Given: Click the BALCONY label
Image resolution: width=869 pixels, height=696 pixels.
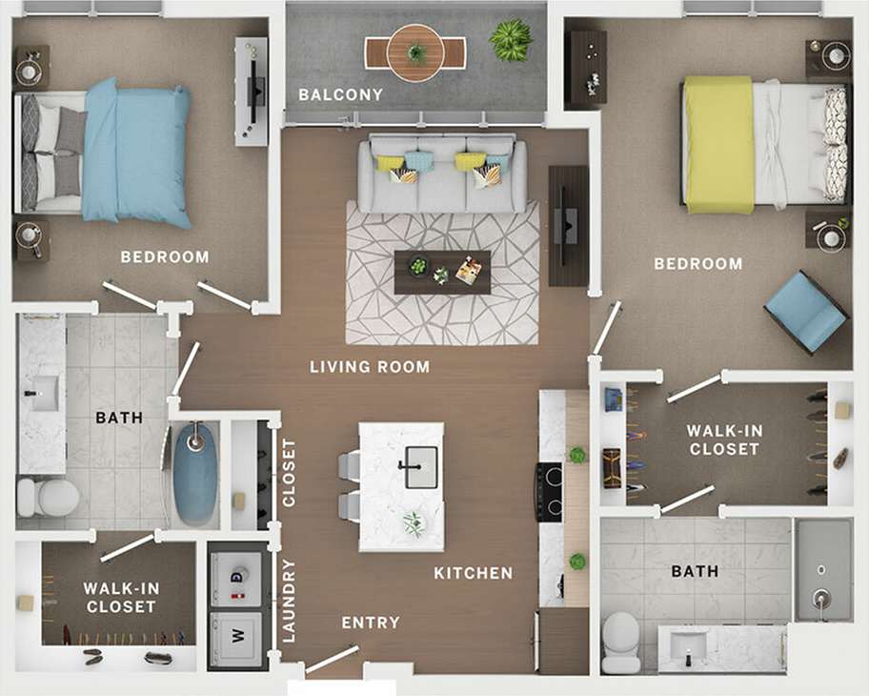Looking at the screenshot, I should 340,94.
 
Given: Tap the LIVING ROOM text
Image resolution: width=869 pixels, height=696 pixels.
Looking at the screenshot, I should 370,366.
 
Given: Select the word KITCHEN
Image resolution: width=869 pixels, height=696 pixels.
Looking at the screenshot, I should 474,573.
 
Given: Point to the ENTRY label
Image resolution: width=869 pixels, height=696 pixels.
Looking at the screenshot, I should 371,623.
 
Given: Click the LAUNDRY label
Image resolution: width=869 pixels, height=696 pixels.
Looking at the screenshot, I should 289,600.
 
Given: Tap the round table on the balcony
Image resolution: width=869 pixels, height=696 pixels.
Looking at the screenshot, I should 415,52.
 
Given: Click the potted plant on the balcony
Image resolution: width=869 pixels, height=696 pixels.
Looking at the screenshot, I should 511,39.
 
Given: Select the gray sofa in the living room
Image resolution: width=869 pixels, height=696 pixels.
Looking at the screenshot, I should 442,174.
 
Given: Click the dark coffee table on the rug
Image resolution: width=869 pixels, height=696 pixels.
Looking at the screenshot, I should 442,272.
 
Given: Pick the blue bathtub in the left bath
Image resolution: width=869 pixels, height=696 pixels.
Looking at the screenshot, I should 195,474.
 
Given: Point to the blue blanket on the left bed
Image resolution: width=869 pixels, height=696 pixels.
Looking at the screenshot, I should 135,153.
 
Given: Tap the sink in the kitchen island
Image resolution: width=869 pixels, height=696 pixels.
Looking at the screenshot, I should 419,467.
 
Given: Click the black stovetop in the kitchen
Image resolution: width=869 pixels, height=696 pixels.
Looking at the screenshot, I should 549,491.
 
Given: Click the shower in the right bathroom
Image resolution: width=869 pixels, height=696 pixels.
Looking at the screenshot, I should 822,569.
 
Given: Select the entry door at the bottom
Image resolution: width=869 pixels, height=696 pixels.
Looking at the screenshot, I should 333,659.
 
